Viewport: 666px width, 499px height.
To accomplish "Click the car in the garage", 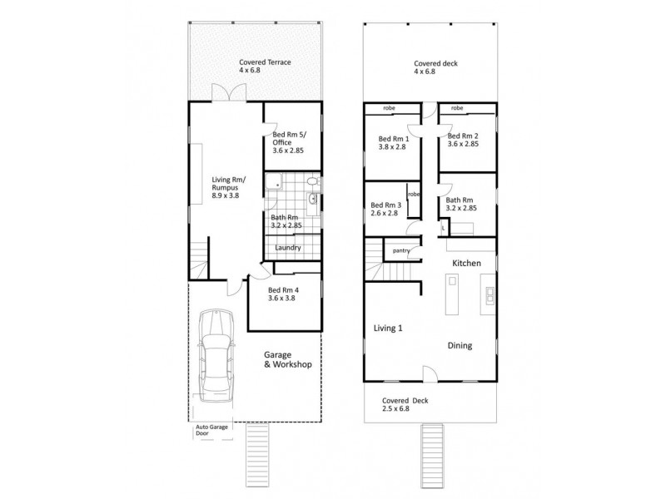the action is [x=216, y=356].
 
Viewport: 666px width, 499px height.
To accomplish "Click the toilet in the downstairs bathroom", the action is [x=314, y=182].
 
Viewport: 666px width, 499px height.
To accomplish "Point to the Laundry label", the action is [x=287, y=248].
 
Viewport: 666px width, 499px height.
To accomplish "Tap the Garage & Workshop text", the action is [x=287, y=360].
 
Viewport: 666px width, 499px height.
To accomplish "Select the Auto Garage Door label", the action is [x=211, y=430].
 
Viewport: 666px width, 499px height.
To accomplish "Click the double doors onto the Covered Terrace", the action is [x=229, y=92].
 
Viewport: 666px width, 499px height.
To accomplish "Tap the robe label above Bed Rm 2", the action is [x=457, y=108].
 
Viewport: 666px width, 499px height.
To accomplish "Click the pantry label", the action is [x=401, y=251].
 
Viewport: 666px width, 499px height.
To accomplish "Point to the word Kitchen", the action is [x=466, y=264].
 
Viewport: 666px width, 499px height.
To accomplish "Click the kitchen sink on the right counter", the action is [x=490, y=295].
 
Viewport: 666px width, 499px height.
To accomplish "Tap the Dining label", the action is [x=460, y=346].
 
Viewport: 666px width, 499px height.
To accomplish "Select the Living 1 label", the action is [x=388, y=328].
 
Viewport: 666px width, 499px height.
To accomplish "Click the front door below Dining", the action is [x=430, y=375].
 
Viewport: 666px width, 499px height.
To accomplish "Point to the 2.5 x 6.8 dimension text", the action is [x=395, y=408].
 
